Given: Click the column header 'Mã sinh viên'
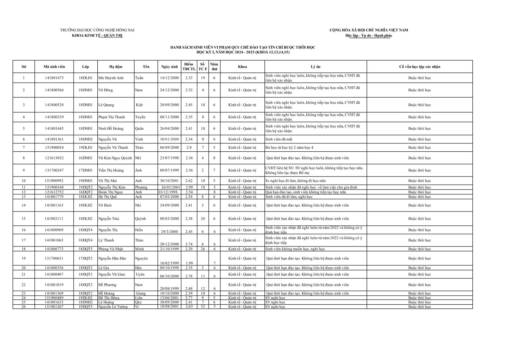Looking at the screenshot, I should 54,67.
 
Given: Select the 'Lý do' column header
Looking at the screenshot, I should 316,67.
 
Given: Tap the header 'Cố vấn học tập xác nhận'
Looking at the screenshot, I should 420,67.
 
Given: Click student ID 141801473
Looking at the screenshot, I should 54,78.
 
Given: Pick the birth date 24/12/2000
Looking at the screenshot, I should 169,90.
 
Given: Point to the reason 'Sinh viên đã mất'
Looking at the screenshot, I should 279,139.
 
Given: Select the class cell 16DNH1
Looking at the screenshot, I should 85,158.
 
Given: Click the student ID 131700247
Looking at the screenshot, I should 54,170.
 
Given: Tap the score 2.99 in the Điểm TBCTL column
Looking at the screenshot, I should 189,187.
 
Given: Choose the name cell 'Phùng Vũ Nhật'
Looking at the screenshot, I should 110,249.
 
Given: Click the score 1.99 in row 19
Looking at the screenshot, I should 189,263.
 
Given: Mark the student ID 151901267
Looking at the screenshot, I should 54,307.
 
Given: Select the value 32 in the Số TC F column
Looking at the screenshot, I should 203,307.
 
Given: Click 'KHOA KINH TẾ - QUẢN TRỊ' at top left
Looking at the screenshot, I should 97,36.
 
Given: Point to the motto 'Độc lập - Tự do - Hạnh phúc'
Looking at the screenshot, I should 369,36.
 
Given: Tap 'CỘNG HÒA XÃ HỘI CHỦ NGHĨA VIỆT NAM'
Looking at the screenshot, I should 369,30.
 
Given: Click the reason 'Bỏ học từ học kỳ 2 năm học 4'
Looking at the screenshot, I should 289,148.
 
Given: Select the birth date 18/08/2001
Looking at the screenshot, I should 169,307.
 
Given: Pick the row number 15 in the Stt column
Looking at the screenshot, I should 24,219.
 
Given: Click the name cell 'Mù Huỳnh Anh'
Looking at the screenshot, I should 111,78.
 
